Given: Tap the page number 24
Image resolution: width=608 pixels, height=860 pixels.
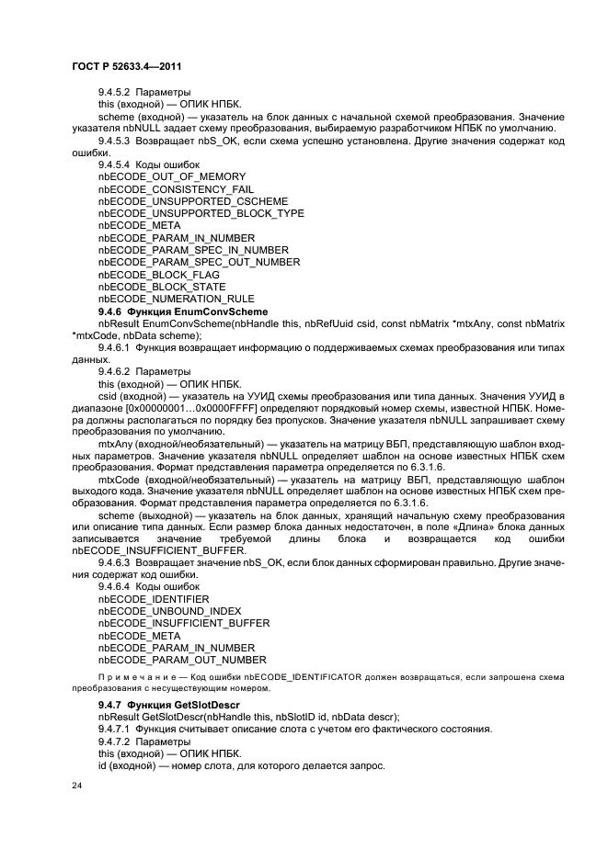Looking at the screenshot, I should point(76,786).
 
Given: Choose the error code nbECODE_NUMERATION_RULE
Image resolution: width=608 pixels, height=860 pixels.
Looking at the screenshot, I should point(176,299).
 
